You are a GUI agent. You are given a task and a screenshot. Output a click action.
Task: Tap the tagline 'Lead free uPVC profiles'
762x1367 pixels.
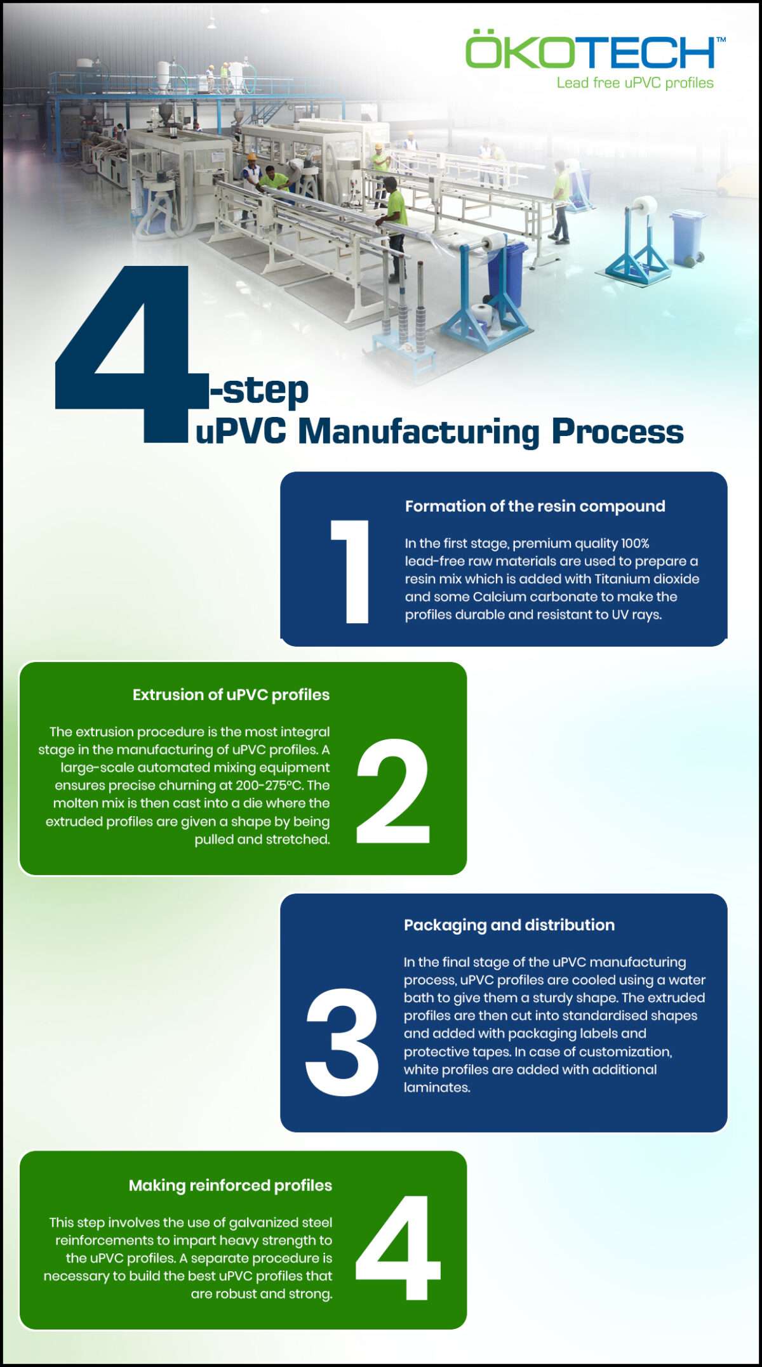pyautogui.click(x=635, y=83)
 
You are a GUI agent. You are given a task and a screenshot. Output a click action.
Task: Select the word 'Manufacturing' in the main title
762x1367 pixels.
pyautogui.click(x=418, y=432)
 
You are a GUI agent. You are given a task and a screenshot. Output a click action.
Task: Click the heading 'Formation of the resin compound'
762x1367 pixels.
pyautogui.click(x=535, y=506)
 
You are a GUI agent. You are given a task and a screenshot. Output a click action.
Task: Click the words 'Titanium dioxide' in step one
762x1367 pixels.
pyautogui.click(x=646, y=579)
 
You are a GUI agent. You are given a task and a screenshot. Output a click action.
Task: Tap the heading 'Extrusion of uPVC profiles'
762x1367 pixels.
pyautogui.click(x=231, y=695)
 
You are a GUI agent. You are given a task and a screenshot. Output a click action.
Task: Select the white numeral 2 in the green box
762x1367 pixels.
pyautogui.click(x=393, y=791)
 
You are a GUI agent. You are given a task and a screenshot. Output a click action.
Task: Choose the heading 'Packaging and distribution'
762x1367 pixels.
pyautogui.click(x=509, y=925)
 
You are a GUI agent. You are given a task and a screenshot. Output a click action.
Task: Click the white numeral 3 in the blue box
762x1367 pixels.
pyautogui.click(x=342, y=1042)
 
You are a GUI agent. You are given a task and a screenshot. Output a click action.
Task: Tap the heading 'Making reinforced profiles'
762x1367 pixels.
pyautogui.click(x=231, y=1185)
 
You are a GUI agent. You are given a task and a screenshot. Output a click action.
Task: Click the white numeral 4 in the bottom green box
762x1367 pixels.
pyautogui.click(x=397, y=1248)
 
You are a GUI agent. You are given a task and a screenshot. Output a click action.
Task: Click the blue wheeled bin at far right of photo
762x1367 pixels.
pyautogui.click(x=688, y=238)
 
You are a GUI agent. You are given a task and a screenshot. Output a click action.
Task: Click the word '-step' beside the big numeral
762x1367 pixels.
pyautogui.click(x=260, y=390)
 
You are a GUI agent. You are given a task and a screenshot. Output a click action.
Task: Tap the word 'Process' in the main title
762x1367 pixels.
pyautogui.click(x=617, y=432)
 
